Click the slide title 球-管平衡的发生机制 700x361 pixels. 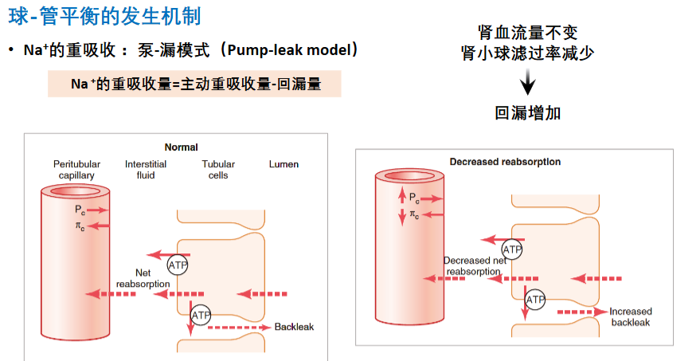[x=104, y=16]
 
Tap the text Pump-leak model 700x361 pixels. [x=289, y=49]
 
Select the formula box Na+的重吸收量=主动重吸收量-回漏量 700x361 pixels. [x=194, y=84]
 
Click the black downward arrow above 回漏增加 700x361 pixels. [x=527, y=82]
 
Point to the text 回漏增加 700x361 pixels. [x=527, y=112]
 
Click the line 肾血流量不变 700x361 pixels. [x=528, y=33]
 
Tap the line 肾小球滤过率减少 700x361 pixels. [x=528, y=53]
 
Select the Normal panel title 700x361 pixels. [x=182, y=147]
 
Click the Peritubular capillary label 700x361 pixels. [x=76, y=170]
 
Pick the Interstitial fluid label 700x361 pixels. [x=146, y=170]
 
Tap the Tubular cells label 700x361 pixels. [x=218, y=170]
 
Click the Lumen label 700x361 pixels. [x=284, y=164]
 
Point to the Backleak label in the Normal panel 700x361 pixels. [x=294, y=327]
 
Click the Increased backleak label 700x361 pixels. [x=631, y=316]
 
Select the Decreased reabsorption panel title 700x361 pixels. [x=505, y=162]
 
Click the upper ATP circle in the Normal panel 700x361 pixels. [x=178, y=265]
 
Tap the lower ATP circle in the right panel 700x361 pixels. [x=535, y=300]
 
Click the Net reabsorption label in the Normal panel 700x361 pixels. [x=143, y=278]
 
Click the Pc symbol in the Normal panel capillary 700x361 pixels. [x=80, y=210]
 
